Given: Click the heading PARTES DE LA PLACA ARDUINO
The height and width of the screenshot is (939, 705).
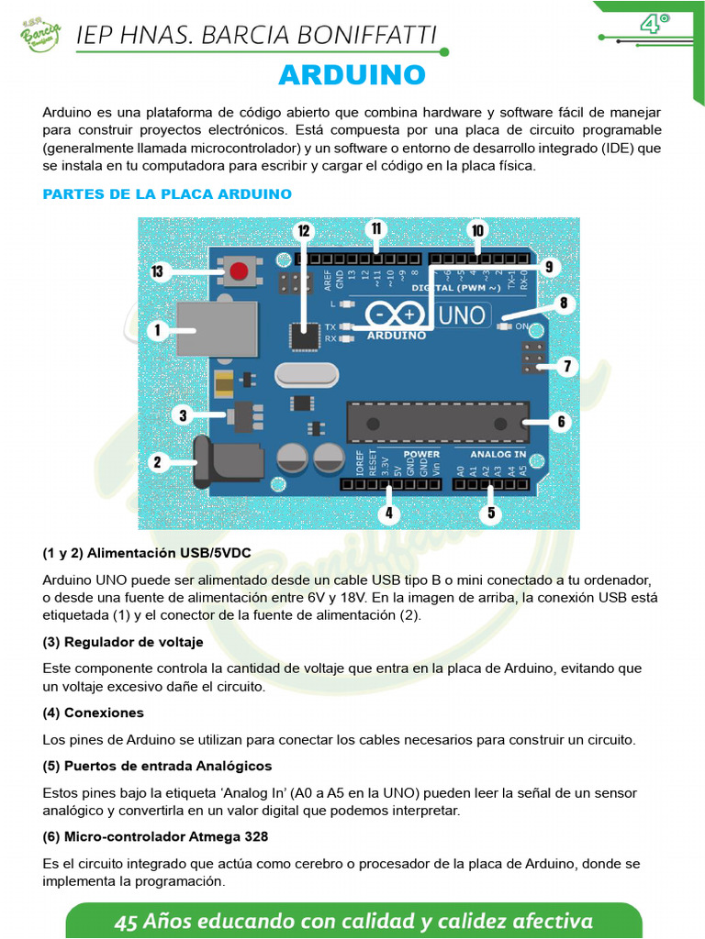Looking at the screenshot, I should pos(167,194).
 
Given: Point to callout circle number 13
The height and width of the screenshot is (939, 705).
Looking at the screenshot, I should pos(158,271).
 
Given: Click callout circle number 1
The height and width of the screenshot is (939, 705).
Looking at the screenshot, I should pos(157,330).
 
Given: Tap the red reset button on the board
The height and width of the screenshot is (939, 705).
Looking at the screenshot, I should pos(240,271).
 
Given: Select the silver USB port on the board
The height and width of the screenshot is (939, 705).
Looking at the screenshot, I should pos(217,328).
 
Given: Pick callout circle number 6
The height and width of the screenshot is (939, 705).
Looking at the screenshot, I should pos(560,423).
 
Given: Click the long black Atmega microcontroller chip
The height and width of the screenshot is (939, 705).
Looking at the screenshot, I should pos(437,423).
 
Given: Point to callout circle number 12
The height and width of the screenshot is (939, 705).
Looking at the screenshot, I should pos(304,231).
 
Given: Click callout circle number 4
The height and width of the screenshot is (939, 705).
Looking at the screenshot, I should pos(389,514).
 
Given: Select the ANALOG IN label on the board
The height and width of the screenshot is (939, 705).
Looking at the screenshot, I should pos(498,454).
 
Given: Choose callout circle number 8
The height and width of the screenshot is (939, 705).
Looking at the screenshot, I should pos(563,303).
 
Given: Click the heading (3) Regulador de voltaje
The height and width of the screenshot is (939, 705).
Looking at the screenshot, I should pos(123,642).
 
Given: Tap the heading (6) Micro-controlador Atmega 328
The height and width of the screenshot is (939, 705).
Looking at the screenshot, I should pos(155,836).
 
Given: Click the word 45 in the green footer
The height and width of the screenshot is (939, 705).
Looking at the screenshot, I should pos(126,922).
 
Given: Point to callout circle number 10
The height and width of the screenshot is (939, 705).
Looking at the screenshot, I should pos(476,230).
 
